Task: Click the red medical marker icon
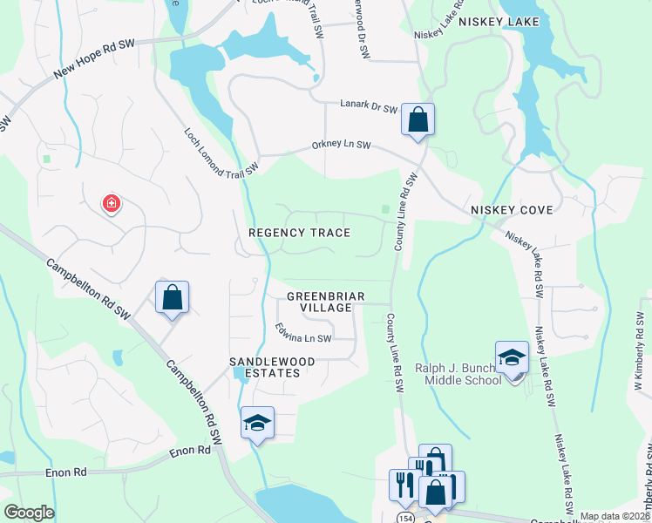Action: pyautogui.click(x=112, y=204)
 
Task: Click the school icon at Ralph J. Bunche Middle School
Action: pyautogui.click(x=512, y=357)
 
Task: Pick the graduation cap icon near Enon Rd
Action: pyautogui.click(x=257, y=423)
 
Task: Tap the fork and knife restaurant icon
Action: pyautogui.click(x=404, y=485)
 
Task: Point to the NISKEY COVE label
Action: pyautogui.click(x=507, y=211)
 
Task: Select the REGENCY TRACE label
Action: pyautogui.click(x=299, y=233)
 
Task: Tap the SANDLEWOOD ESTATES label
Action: pyautogui.click(x=265, y=367)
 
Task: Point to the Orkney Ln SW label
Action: pyautogui.click(x=341, y=146)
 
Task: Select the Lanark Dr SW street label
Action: pyautogui.click(x=368, y=108)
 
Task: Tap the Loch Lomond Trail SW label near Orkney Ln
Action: pyautogui.click(x=222, y=153)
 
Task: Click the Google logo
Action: pyautogui.click(x=29, y=513)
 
